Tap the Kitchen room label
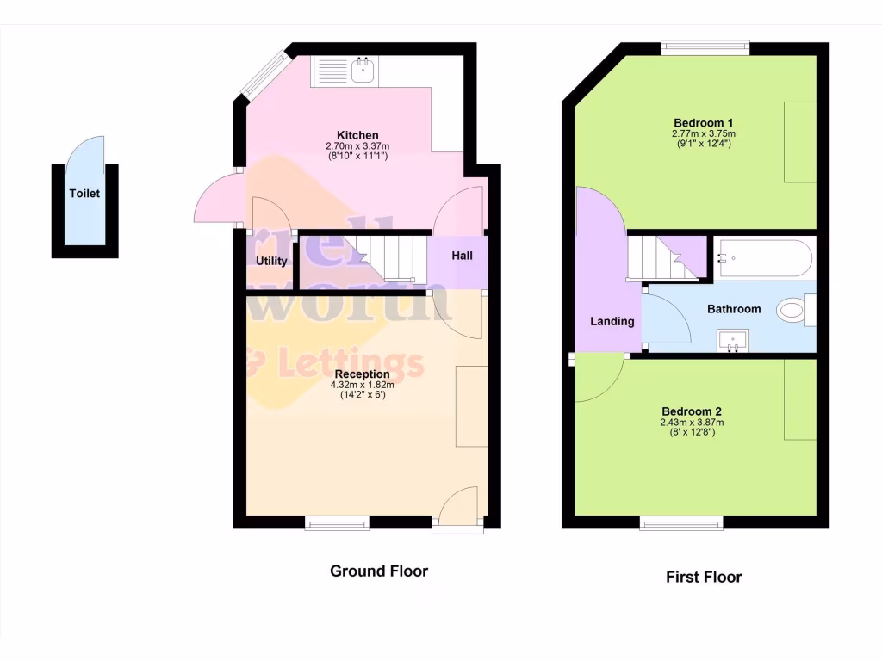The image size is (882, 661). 357,135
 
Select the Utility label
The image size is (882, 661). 271,261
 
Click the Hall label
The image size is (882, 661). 462,255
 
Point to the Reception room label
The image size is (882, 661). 362,374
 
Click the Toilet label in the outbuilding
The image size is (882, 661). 84,194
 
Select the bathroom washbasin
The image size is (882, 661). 734,341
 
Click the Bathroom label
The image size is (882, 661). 734,309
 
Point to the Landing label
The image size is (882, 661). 612,321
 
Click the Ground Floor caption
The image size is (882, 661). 379,571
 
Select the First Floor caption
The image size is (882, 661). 704,577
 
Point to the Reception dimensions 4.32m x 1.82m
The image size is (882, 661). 362,386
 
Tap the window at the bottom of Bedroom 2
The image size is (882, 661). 680,522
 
